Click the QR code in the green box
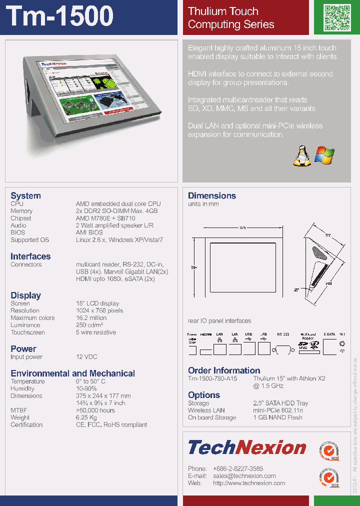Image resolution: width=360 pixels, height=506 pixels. tap(335, 17)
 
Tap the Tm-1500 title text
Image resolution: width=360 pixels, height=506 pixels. tap(60, 16)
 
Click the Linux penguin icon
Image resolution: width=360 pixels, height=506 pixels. tap(300, 155)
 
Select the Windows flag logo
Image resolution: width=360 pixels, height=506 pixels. tap(324, 155)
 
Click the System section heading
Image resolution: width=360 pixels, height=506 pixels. tap(25, 195)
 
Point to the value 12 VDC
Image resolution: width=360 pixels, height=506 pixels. tap(86, 357)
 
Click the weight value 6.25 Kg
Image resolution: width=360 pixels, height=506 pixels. tap(86, 417)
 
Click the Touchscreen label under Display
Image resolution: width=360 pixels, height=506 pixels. tap(27, 332)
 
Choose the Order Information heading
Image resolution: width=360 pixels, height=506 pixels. tap(224, 370)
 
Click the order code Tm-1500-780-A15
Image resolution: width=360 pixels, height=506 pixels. tap(212, 378)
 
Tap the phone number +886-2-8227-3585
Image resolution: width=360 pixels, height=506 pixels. tap(238, 468)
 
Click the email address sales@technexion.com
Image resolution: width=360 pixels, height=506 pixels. tap(244, 476)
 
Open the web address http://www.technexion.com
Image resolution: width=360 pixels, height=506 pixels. tap(249, 483)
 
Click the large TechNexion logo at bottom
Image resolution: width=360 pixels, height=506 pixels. tap(247, 447)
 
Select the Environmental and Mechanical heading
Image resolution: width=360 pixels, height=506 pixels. tap(72, 373)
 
